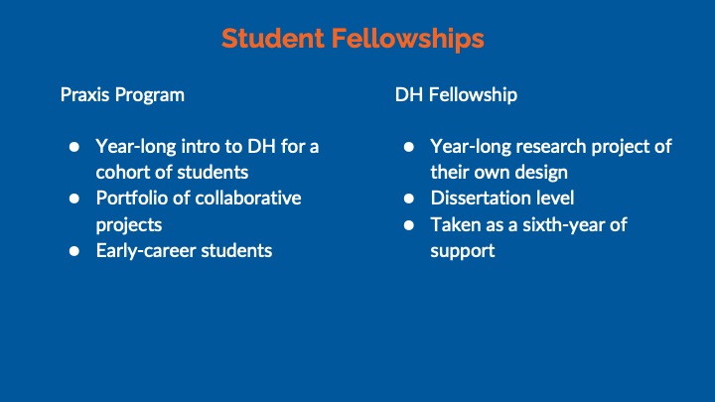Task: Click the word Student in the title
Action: tap(273, 39)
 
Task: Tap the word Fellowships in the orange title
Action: tap(408, 39)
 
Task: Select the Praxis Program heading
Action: tap(122, 95)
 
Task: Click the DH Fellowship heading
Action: tap(456, 95)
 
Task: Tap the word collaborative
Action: tap(248, 199)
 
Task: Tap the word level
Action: tap(555, 199)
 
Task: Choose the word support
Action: tap(463, 251)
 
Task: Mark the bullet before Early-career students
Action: tap(74, 251)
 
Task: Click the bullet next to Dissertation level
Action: tap(409, 199)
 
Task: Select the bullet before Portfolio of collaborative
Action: tap(74, 199)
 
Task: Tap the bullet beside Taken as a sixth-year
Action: tap(409, 225)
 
